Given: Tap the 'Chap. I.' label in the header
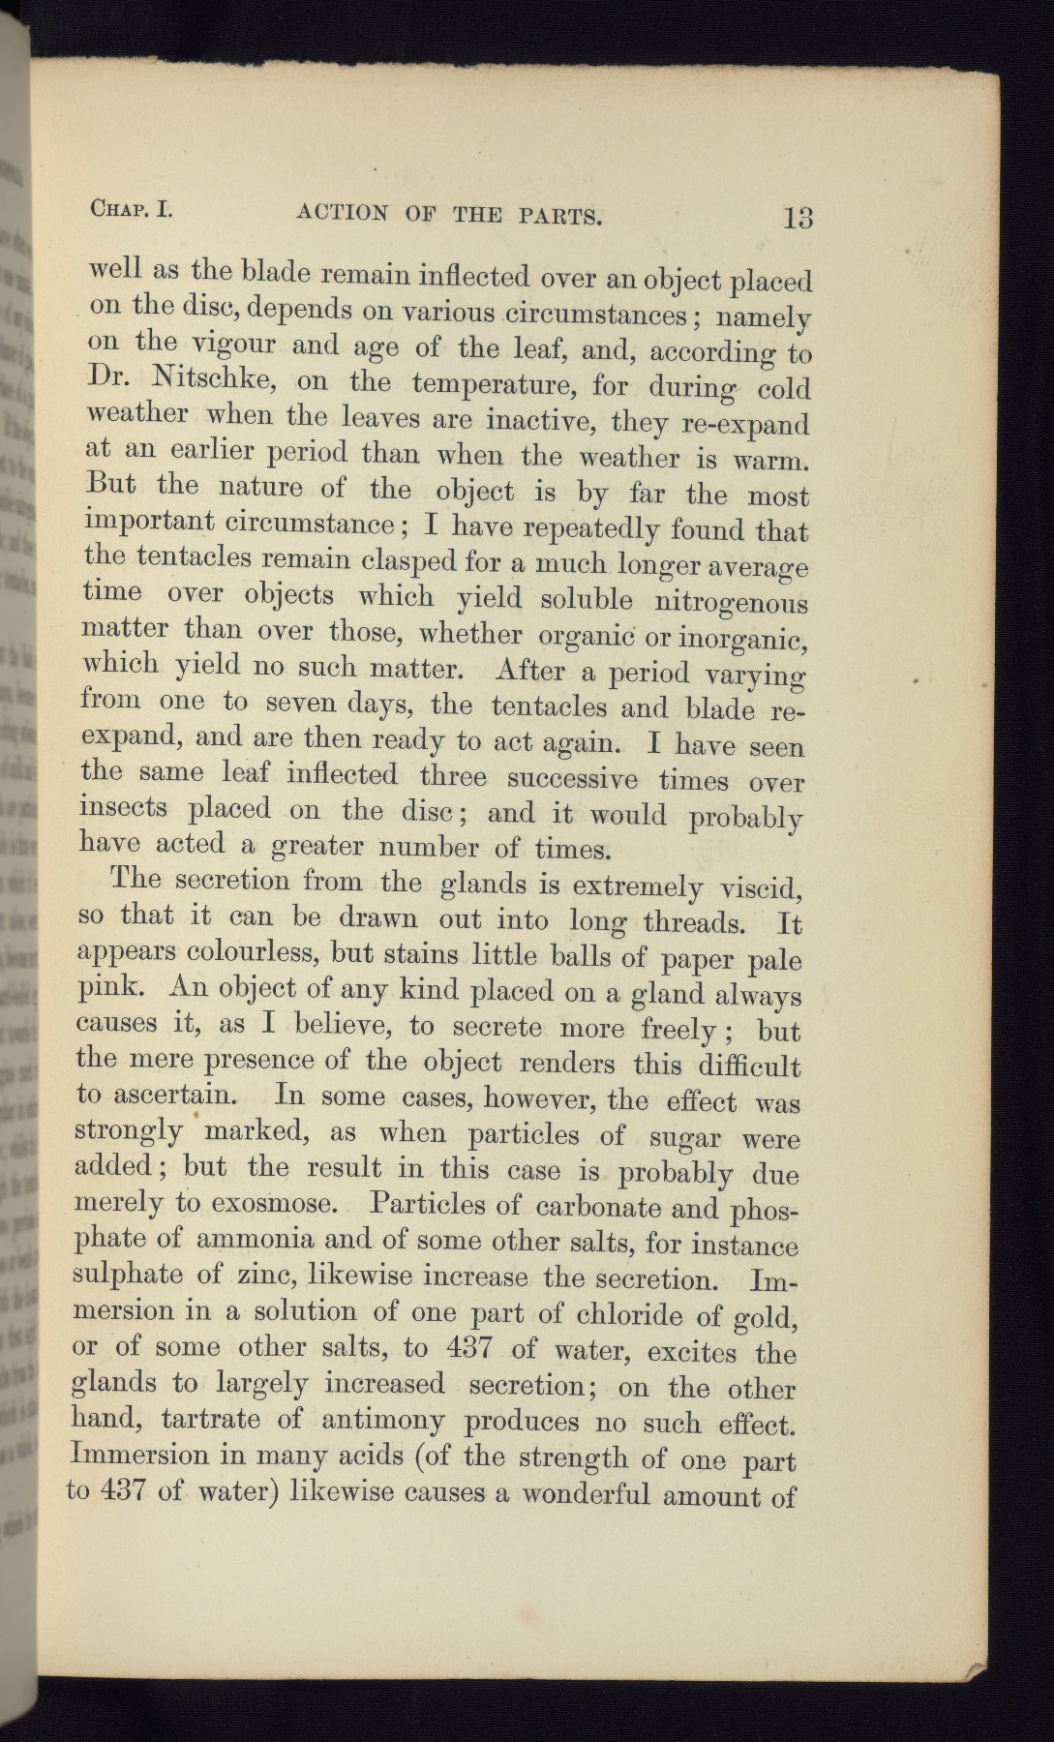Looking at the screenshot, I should point(131,209).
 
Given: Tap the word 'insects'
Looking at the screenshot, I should point(122,808).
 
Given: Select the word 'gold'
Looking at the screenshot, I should point(768,1318).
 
